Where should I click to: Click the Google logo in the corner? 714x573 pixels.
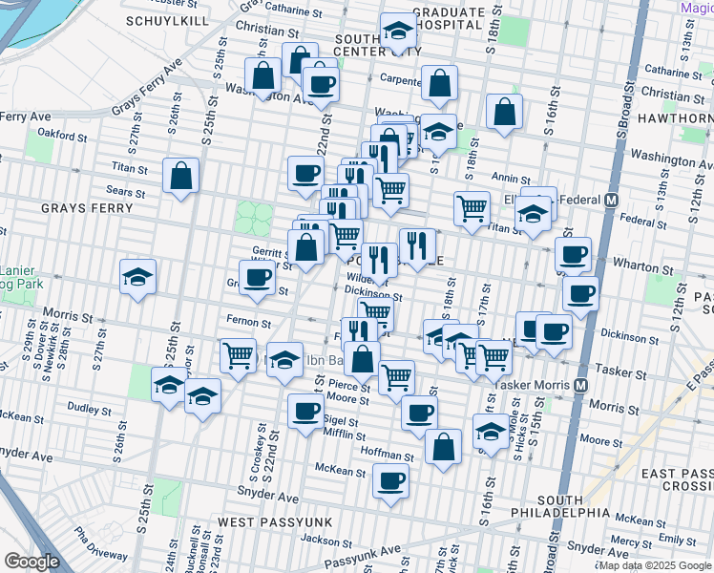tap(31, 561)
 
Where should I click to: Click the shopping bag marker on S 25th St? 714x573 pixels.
tap(180, 176)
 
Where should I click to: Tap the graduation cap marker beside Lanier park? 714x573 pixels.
tap(138, 278)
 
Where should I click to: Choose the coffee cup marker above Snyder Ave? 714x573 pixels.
tap(390, 480)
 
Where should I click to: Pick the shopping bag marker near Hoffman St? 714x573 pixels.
tap(443, 446)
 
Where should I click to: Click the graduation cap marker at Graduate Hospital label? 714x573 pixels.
tap(398, 32)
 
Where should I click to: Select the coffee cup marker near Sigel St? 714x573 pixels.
tap(305, 412)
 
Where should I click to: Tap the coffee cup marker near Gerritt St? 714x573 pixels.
tap(256, 278)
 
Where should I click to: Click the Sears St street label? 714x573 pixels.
tap(126, 192)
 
